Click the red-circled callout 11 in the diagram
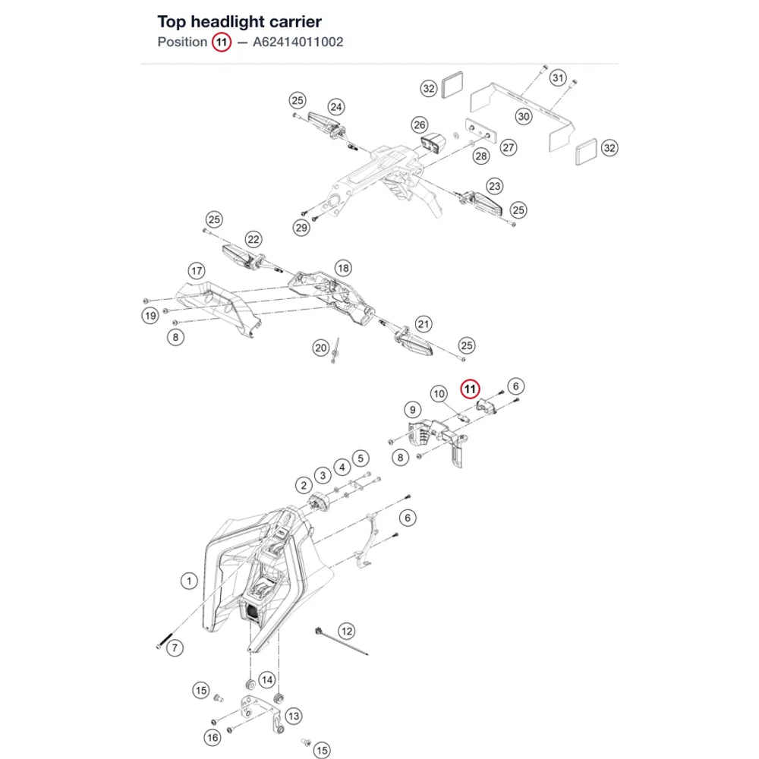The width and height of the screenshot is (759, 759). (470, 389)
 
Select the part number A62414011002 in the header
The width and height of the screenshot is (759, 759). (298, 42)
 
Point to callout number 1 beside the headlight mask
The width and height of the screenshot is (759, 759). (189, 581)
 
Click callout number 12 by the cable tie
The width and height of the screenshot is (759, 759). (347, 631)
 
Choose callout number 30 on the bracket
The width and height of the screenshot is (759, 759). (524, 116)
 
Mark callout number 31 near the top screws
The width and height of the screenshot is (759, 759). (558, 77)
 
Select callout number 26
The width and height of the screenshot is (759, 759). (420, 125)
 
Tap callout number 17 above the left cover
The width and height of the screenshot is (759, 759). (197, 271)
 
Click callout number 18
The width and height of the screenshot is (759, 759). (343, 268)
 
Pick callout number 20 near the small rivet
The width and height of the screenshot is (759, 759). (320, 348)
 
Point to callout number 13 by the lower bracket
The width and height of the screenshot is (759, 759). (293, 716)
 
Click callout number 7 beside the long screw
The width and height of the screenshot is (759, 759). (175, 647)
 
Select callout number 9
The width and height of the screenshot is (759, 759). (412, 410)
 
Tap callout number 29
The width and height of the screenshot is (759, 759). (301, 228)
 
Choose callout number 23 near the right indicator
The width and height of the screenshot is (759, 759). (494, 186)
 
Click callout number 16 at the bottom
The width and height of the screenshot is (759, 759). (213, 737)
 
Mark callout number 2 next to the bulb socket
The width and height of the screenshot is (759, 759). (304, 486)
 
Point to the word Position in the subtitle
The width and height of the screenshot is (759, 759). (182, 42)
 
